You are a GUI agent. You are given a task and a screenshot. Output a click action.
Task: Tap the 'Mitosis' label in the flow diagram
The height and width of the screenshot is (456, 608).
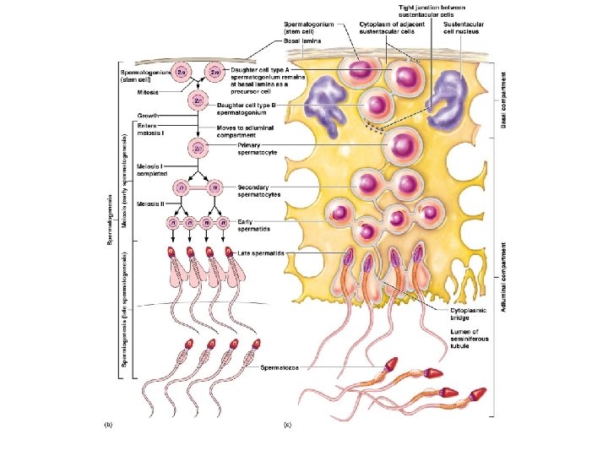pos(148,92)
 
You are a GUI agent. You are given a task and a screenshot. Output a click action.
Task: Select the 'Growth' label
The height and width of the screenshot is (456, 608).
pos(148,114)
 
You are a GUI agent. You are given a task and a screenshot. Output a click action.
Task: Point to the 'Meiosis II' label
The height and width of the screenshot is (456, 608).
pos(152,204)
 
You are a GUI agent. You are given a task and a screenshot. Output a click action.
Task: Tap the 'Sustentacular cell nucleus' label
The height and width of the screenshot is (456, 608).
pos(464,30)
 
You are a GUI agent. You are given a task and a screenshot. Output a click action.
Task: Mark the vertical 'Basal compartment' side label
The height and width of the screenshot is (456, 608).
pos(504,100)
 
